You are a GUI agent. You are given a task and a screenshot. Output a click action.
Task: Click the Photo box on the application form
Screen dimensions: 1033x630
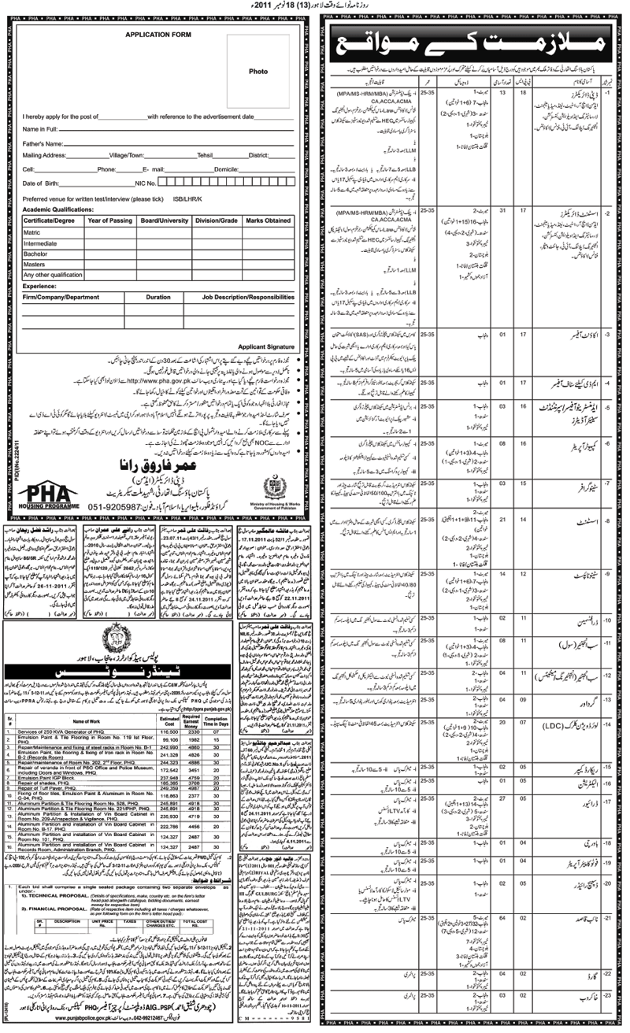click(x=258, y=72)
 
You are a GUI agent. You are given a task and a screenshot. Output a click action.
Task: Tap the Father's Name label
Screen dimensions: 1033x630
click(x=43, y=145)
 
